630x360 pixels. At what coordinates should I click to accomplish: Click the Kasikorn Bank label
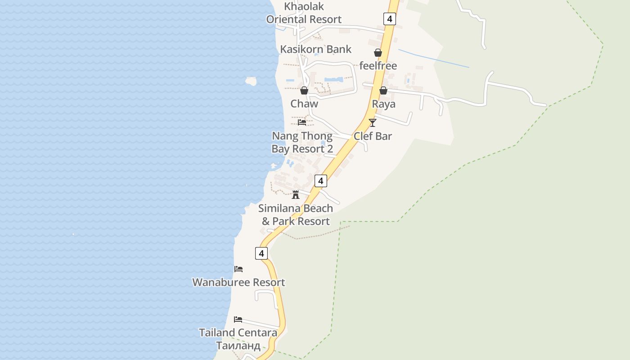coord(315,49)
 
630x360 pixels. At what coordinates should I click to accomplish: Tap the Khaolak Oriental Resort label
coord(304,13)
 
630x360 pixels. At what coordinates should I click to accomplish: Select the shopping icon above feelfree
coord(378,53)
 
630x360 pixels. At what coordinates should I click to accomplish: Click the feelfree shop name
coord(378,66)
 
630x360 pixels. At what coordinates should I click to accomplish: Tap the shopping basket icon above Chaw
coord(304,90)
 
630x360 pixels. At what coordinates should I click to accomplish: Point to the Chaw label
coord(304,103)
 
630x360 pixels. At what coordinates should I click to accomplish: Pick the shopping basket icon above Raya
coord(383,90)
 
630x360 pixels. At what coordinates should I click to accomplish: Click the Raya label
coord(383,104)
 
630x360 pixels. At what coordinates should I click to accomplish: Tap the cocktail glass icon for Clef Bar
coord(373,122)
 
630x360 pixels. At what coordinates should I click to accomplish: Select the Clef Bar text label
coord(373,136)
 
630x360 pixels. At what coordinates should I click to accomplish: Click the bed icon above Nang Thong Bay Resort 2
coord(302,122)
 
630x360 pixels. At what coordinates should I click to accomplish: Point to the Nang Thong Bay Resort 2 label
coord(302,142)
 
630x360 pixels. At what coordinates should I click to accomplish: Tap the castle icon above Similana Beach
coord(296,195)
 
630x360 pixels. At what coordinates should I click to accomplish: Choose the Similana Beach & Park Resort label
coord(296,215)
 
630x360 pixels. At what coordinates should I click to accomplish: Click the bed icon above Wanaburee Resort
coord(238,269)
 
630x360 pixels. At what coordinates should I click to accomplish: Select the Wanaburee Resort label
coord(238,282)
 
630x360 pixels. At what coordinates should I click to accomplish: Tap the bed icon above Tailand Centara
coord(238,319)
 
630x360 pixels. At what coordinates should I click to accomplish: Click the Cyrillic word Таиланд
coord(238,346)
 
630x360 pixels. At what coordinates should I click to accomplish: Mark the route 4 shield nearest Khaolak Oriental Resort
coord(390,19)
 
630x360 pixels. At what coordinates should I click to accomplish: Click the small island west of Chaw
coord(251,81)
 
